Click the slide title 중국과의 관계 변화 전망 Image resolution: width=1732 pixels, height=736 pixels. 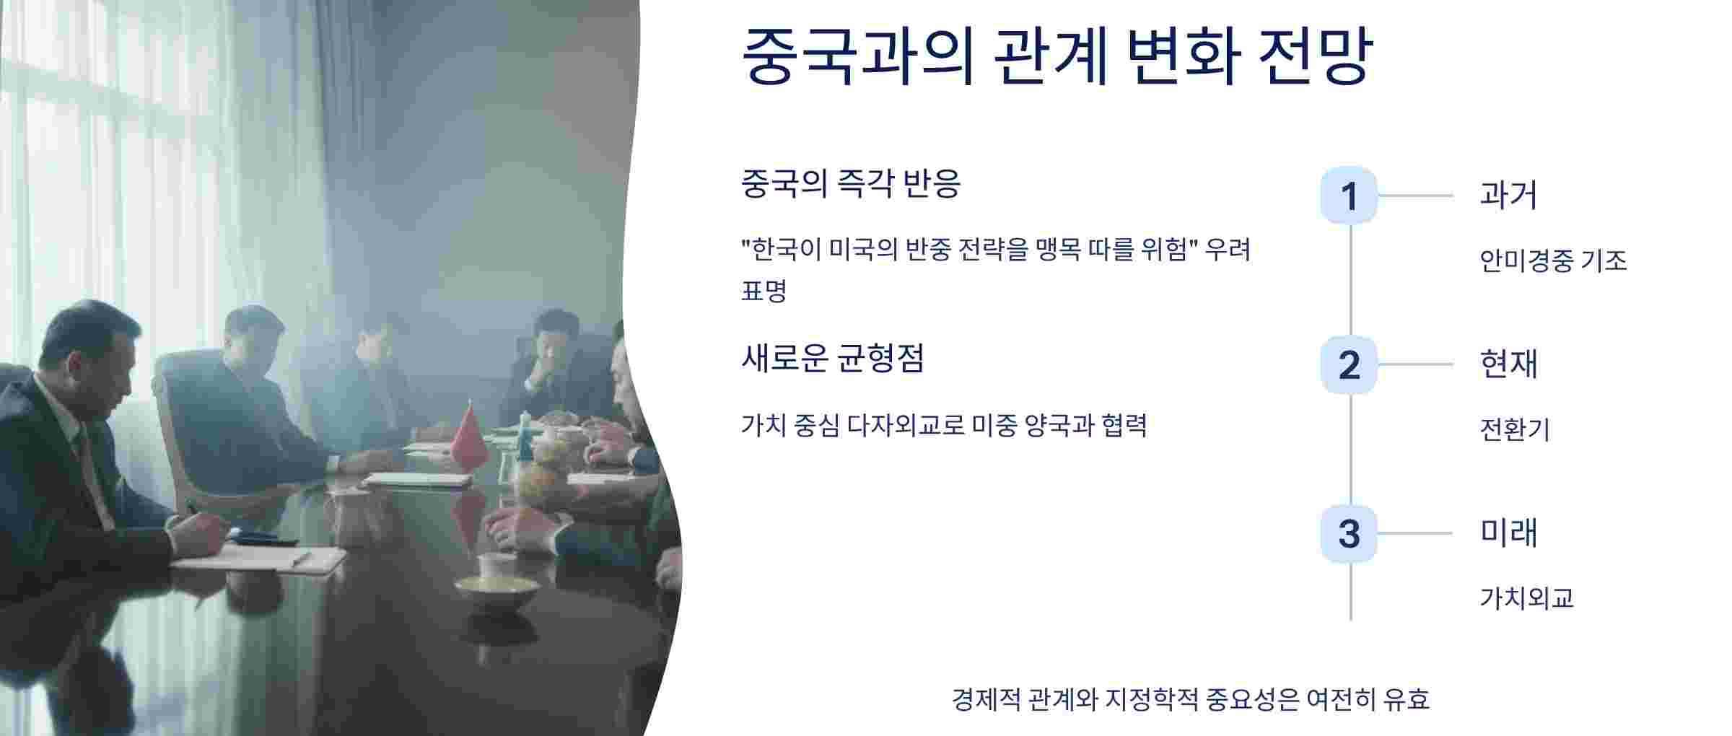click(x=1057, y=56)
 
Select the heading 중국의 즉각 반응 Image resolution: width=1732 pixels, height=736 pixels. click(x=851, y=183)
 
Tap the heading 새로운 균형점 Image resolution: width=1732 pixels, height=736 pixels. click(x=832, y=358)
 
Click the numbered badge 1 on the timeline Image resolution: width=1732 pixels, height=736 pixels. click(x=1348, y=196)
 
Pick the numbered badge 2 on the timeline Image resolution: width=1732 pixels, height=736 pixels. click(x=1348, y=365)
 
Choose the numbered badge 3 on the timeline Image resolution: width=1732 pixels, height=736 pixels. click(x=1348, y=534)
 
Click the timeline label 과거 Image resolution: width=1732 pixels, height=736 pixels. click(x=1508, y=195)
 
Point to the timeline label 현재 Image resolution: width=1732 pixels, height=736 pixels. click(x=1508, y=364)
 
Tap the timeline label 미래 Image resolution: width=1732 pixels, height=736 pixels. click(x=1508, y=533)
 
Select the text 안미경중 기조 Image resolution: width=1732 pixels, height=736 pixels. click(x=1553, y=260)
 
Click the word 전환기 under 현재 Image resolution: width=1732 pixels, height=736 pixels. click(x=1514, y=430)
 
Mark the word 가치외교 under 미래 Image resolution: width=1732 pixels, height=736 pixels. click(x=1526, y=598)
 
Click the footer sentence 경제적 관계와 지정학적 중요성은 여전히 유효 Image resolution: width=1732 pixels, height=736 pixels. click(x=1190, y=699)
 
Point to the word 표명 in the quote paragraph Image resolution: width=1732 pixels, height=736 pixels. click(x=764, y=291)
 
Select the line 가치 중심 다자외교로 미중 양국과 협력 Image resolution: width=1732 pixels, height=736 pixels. click(x=943, y=426)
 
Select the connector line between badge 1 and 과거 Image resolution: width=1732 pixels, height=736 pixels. click(x=1414, y=196)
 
